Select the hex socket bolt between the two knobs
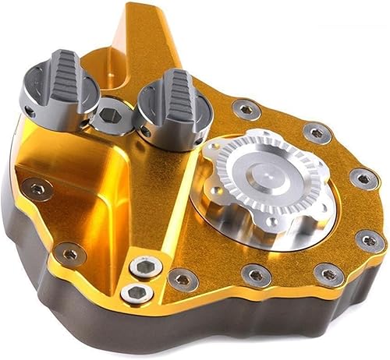[x=111, y=117]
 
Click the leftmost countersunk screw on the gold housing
[x=36, y=186]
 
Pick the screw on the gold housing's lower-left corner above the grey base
[x=71, y=253]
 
